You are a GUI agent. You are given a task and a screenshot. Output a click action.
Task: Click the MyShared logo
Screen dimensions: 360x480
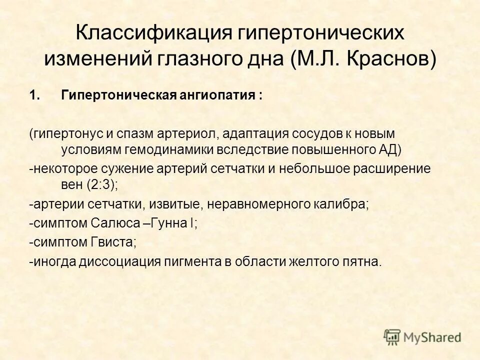point(422,336)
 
